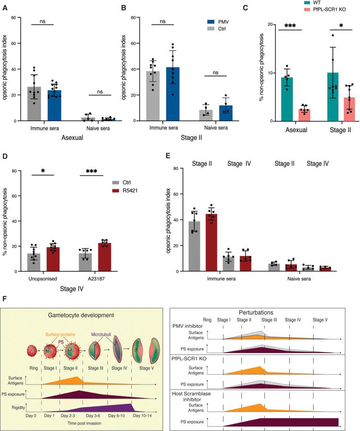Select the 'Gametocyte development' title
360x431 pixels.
click(x=82, y=315)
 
